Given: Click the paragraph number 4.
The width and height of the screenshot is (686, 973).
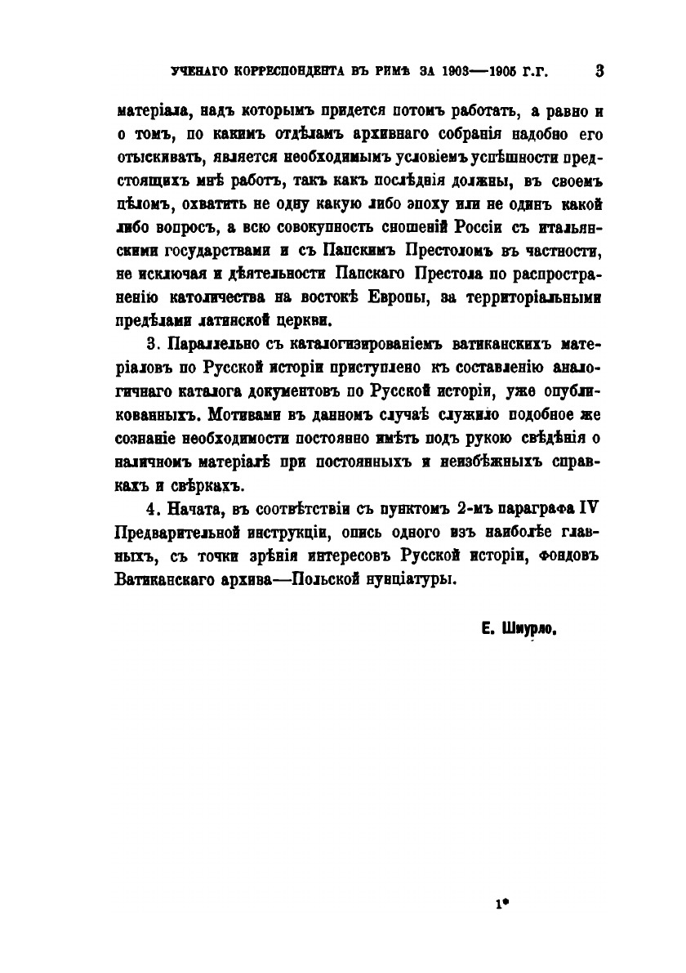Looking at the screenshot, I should pos(150,508).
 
